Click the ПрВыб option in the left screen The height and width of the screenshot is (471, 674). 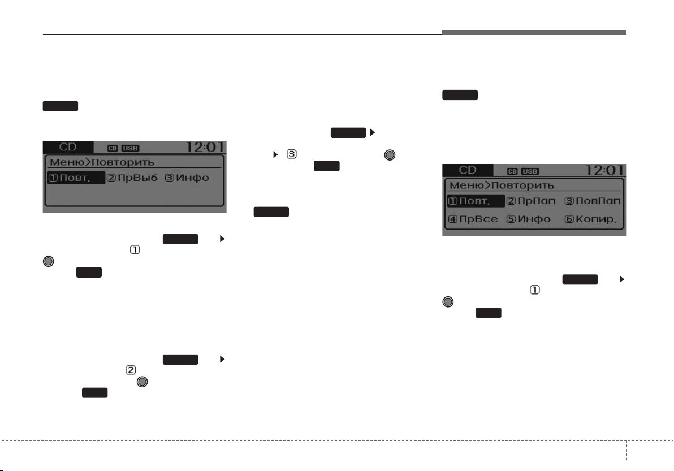(132, 178)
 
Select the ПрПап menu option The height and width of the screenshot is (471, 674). (531, 201)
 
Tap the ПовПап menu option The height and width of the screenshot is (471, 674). (593, 201)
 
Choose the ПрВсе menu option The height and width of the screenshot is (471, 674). (473, 219)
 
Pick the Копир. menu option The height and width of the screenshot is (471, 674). (591, 219)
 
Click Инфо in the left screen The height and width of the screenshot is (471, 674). (187, 178)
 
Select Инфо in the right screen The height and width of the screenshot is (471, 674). (528, 219)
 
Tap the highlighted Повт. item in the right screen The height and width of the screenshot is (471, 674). (476, 201)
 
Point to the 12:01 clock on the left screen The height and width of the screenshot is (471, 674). (205, 148)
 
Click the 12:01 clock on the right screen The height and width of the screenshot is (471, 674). (605, 171)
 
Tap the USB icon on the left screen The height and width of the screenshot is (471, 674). (130, 148)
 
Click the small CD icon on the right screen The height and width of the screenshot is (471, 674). (512, 171)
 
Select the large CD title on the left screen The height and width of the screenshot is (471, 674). (68, 147)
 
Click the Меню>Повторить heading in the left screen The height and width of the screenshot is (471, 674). (102, 162)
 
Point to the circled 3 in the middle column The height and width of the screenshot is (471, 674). (291, 154)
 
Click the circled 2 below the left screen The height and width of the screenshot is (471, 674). (131, 370)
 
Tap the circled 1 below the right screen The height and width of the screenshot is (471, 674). (535, 290)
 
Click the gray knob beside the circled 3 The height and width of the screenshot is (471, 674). (390, 155)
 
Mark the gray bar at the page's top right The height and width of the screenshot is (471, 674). (534, 33)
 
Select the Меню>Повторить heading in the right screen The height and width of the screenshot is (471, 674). (502, 185)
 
